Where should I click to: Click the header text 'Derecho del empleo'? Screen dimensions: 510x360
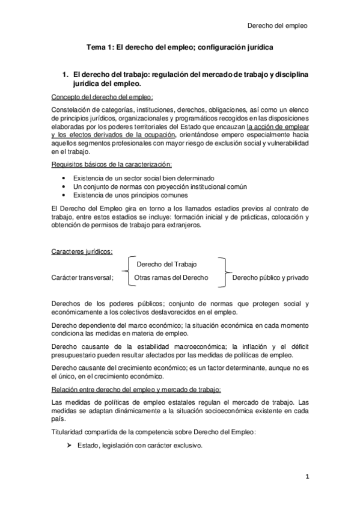click(x=278, y=26)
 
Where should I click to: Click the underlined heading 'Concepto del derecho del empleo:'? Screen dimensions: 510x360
click(x=102, y=97)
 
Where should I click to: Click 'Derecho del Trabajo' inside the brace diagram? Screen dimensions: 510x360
click(x=166, y=264)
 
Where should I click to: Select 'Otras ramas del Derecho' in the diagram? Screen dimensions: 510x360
click(x=171, y=278)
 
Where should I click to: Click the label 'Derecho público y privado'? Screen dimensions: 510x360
click(x=270, y=278)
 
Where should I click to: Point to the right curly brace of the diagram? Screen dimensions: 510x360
click(x=224, y=271)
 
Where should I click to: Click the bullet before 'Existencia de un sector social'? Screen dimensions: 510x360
click(x=65, y=179)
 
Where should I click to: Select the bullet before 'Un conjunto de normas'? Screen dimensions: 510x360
click(x=65, y=187)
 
